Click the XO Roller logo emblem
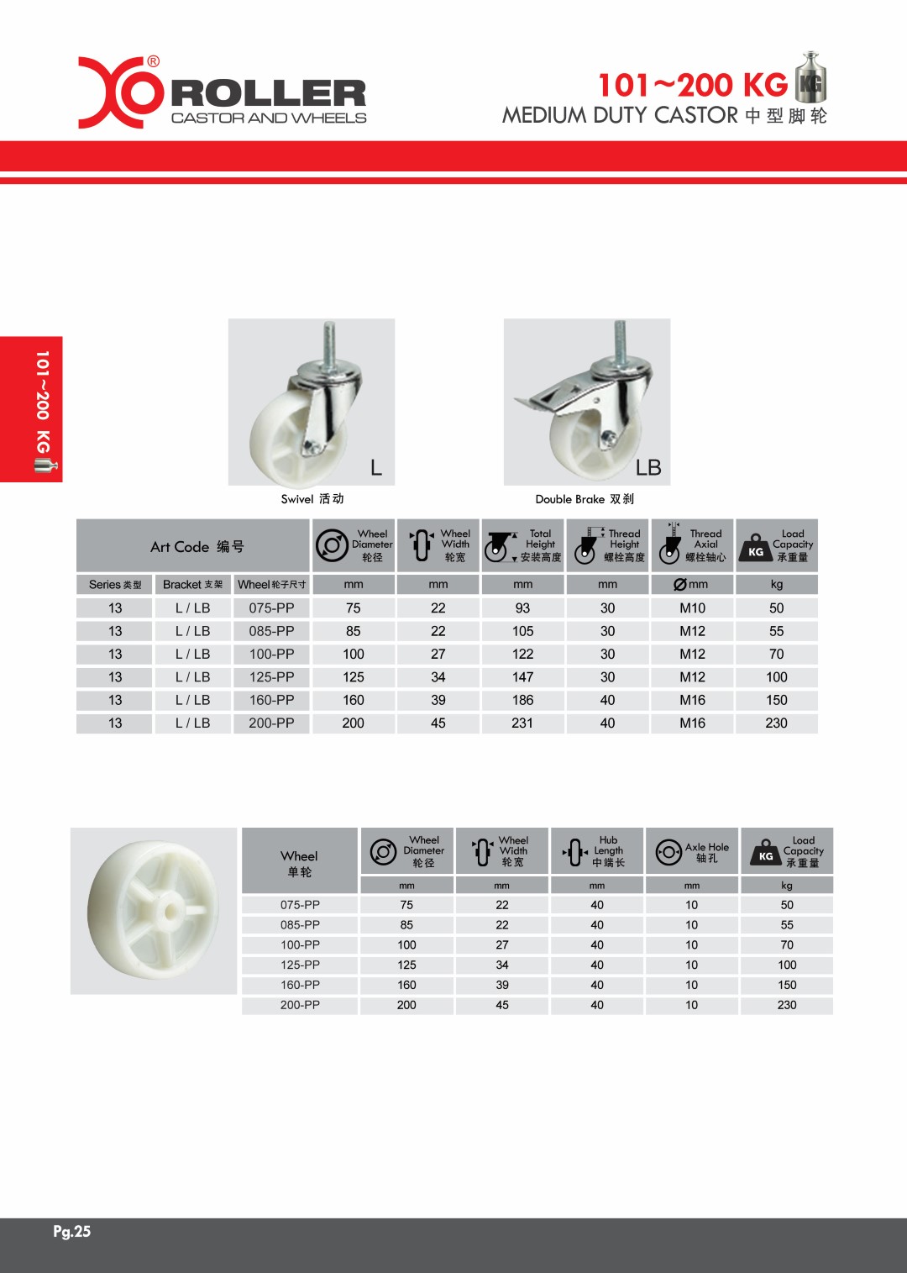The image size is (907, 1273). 120,92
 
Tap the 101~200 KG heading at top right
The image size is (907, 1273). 692,85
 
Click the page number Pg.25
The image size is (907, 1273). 71,1232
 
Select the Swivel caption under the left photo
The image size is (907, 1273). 312,499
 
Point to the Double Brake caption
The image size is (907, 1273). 585,499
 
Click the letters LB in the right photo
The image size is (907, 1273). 648,468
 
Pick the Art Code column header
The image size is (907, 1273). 197,547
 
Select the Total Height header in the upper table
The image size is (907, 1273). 523,545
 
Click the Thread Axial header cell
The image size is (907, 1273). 693,545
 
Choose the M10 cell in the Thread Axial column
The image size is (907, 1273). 692,608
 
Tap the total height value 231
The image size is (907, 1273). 522,723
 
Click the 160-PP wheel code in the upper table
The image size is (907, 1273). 271,700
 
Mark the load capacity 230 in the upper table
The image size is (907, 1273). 776,723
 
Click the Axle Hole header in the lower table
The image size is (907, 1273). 692,852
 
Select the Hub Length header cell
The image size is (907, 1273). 597,852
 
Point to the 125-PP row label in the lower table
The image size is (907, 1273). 300,965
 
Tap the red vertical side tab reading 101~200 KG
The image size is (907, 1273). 32,409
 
